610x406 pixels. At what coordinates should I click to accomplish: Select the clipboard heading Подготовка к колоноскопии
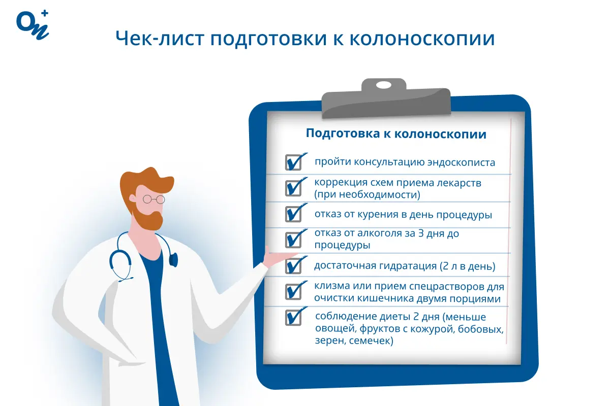click(396, 134)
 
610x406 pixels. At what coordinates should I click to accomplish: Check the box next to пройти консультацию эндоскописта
click(293, 162)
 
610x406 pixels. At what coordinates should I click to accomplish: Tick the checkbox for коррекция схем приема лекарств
click(293, 187)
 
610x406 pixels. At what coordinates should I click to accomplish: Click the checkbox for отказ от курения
click(293, 213)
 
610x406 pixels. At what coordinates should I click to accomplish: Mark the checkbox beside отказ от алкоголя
click(293, 239)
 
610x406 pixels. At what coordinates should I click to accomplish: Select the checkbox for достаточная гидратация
click(293, 265)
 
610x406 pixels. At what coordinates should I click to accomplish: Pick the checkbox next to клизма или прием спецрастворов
click(293, 291)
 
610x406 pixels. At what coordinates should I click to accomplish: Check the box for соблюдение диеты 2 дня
click(293, 317)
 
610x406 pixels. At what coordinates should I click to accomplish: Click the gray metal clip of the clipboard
click(386, 98)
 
